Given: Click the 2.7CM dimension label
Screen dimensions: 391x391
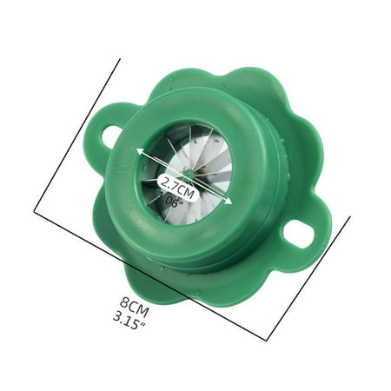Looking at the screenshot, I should (x=176, y=182).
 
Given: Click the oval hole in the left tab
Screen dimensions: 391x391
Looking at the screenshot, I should (x=111, y=136).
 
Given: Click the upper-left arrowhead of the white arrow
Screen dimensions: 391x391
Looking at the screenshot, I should (x=138, y=150).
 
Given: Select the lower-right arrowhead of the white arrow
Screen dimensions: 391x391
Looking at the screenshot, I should (x=229, y=202).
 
